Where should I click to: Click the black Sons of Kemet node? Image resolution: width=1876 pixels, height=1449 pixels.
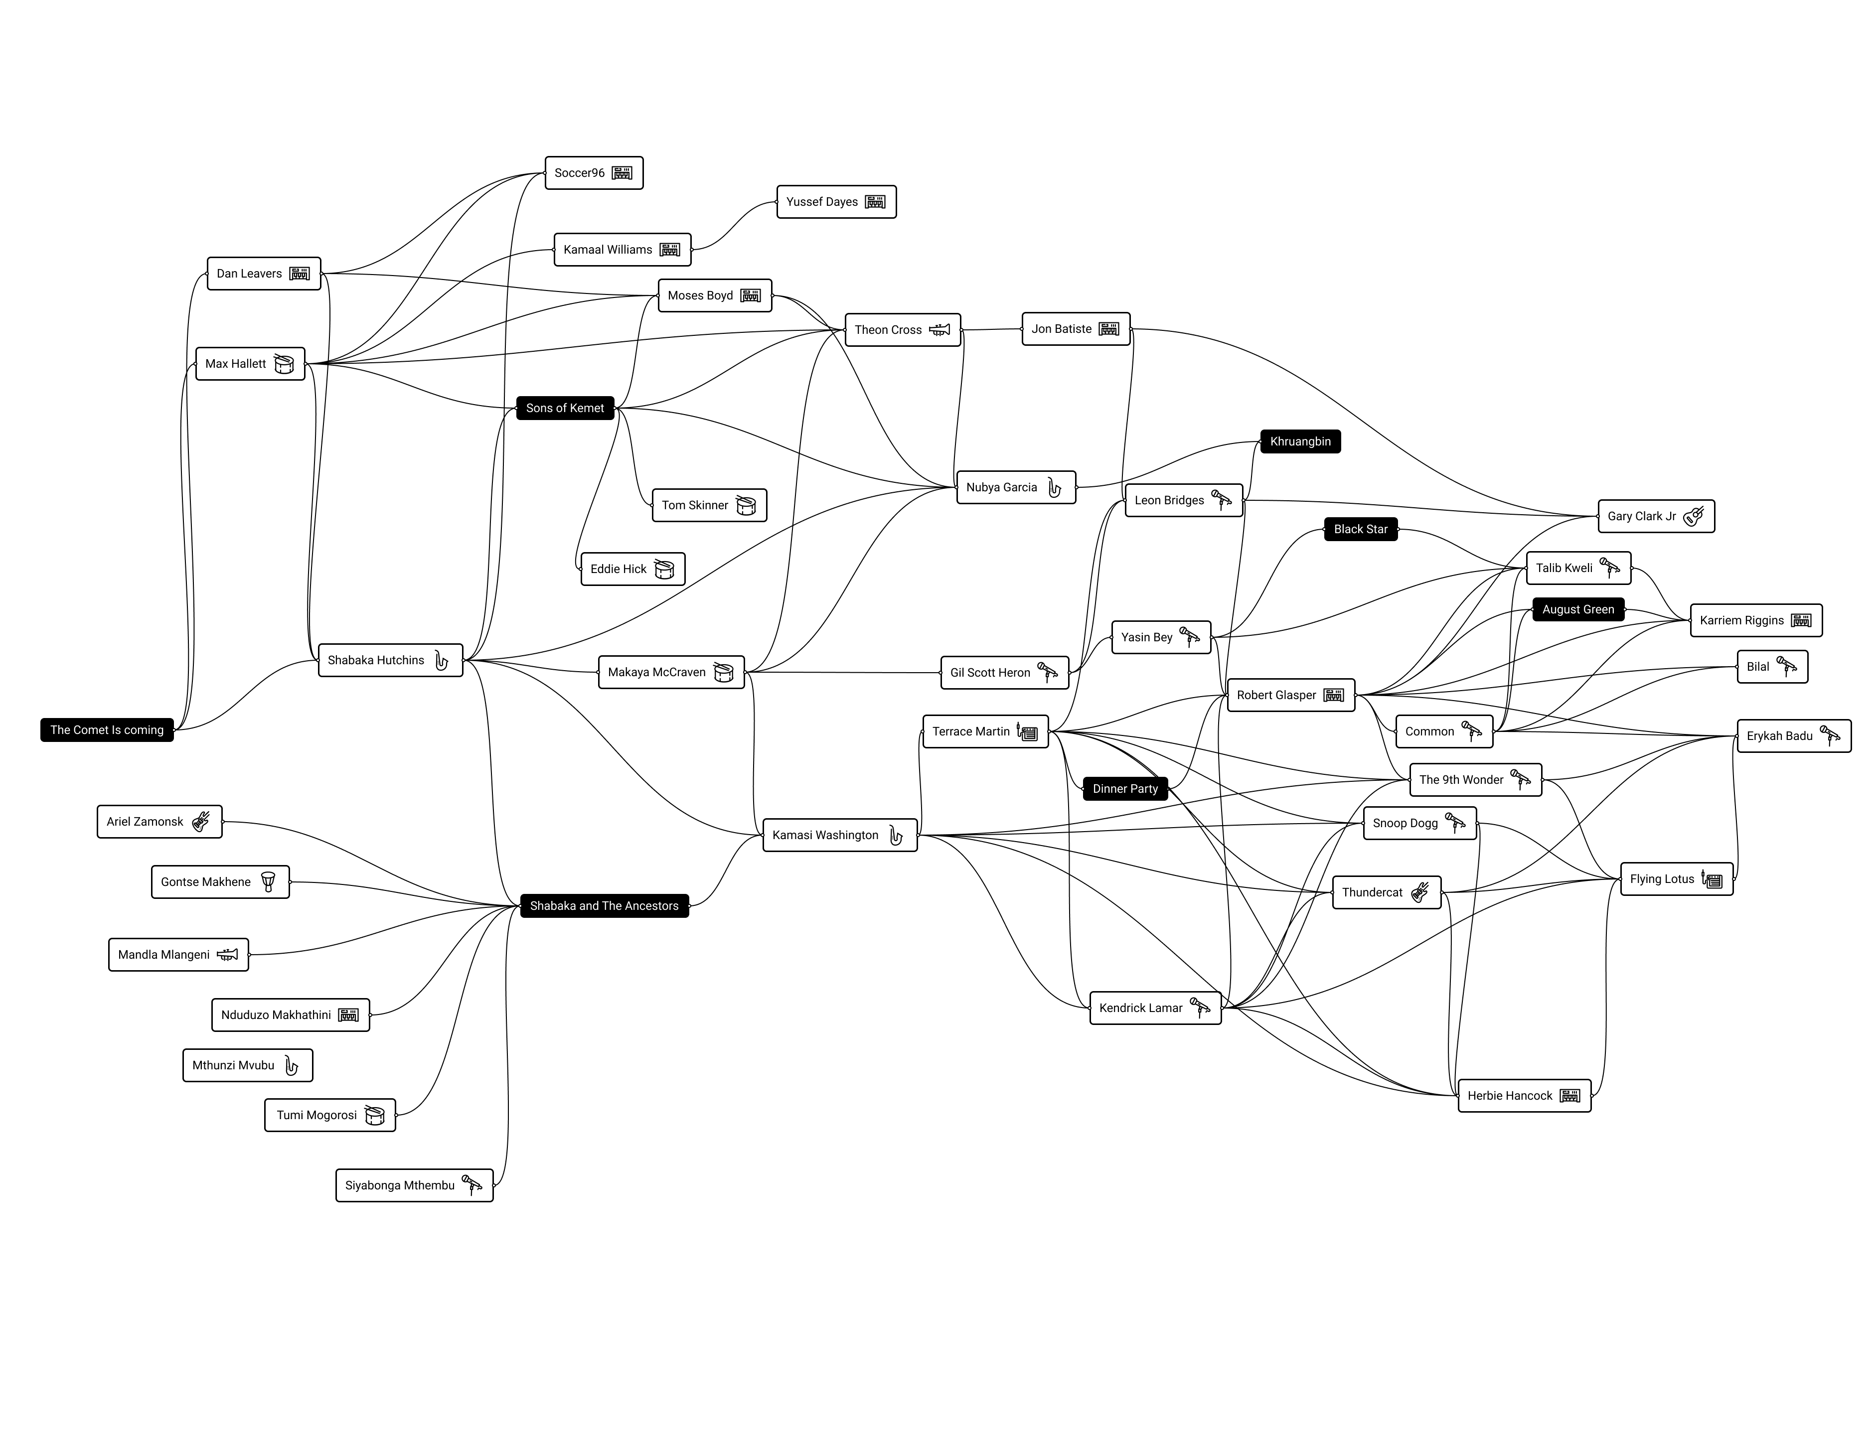click(565, 408)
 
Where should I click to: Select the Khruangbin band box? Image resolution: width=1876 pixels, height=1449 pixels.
click(1300, 441)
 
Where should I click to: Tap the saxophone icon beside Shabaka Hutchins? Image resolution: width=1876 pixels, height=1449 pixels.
click(442, 661)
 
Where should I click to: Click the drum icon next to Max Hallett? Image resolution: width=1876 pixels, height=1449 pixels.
click(284, 364)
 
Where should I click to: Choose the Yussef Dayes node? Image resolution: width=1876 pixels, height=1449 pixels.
click(836, 202)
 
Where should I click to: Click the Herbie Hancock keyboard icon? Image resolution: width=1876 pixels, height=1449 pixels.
click(1569, 1096)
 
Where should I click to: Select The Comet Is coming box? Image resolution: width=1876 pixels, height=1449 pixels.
click(107, 730)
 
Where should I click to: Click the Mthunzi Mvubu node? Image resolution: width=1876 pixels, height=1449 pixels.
click(247, 1065)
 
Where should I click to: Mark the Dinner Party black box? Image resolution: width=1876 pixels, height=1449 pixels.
click(1125, 788)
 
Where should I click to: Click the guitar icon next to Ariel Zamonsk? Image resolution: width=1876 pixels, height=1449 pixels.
click(201, 822)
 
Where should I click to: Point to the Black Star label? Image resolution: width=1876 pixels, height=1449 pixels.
click(1361, 529)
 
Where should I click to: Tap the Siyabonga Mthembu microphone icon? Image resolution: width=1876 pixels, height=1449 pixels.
click(471, 1185)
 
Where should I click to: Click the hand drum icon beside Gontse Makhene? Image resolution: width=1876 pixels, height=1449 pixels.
click(268, 882)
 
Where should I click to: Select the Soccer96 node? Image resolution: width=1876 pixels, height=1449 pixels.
click(594, 172)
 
